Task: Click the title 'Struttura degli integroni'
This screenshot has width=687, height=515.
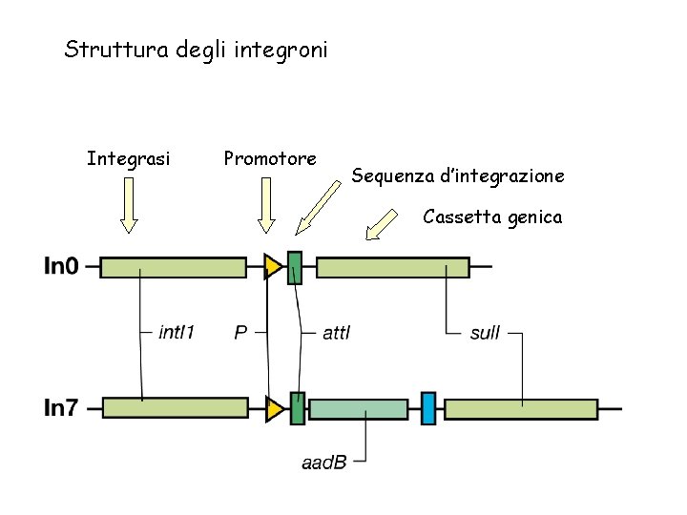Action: tap(196, 49)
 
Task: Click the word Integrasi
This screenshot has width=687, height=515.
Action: tap(129, 157)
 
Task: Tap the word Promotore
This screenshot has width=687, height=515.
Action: tap(270, 157)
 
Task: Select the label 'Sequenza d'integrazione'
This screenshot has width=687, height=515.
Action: tap(458, 175)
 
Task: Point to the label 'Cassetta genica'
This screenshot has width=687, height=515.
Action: tap(492, 217)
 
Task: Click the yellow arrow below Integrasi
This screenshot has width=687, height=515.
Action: tap(129, 206)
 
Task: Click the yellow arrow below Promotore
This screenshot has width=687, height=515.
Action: tap(267, 206)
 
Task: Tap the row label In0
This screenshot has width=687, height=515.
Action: tap(62, 267)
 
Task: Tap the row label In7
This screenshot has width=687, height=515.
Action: tap(62, 408)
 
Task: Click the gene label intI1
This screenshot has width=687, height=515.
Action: tap(177, 333)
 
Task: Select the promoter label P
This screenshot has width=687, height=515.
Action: tap(241, 333)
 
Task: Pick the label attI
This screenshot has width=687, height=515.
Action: tap(337, 333)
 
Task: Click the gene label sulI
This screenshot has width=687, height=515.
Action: tap(485, 333)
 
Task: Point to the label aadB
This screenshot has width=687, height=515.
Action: tap(323, 463)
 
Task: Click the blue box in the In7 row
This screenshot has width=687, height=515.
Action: tap(428, 408)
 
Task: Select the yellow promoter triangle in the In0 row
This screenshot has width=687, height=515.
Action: tap(273, 267)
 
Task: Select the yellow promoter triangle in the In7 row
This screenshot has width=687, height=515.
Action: tap(275, 409)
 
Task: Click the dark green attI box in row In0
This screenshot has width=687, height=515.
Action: tap(295, 267)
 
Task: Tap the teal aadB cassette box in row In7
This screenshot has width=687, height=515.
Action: tap(359, 409)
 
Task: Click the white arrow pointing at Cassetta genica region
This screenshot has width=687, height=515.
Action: tap(384, 226)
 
